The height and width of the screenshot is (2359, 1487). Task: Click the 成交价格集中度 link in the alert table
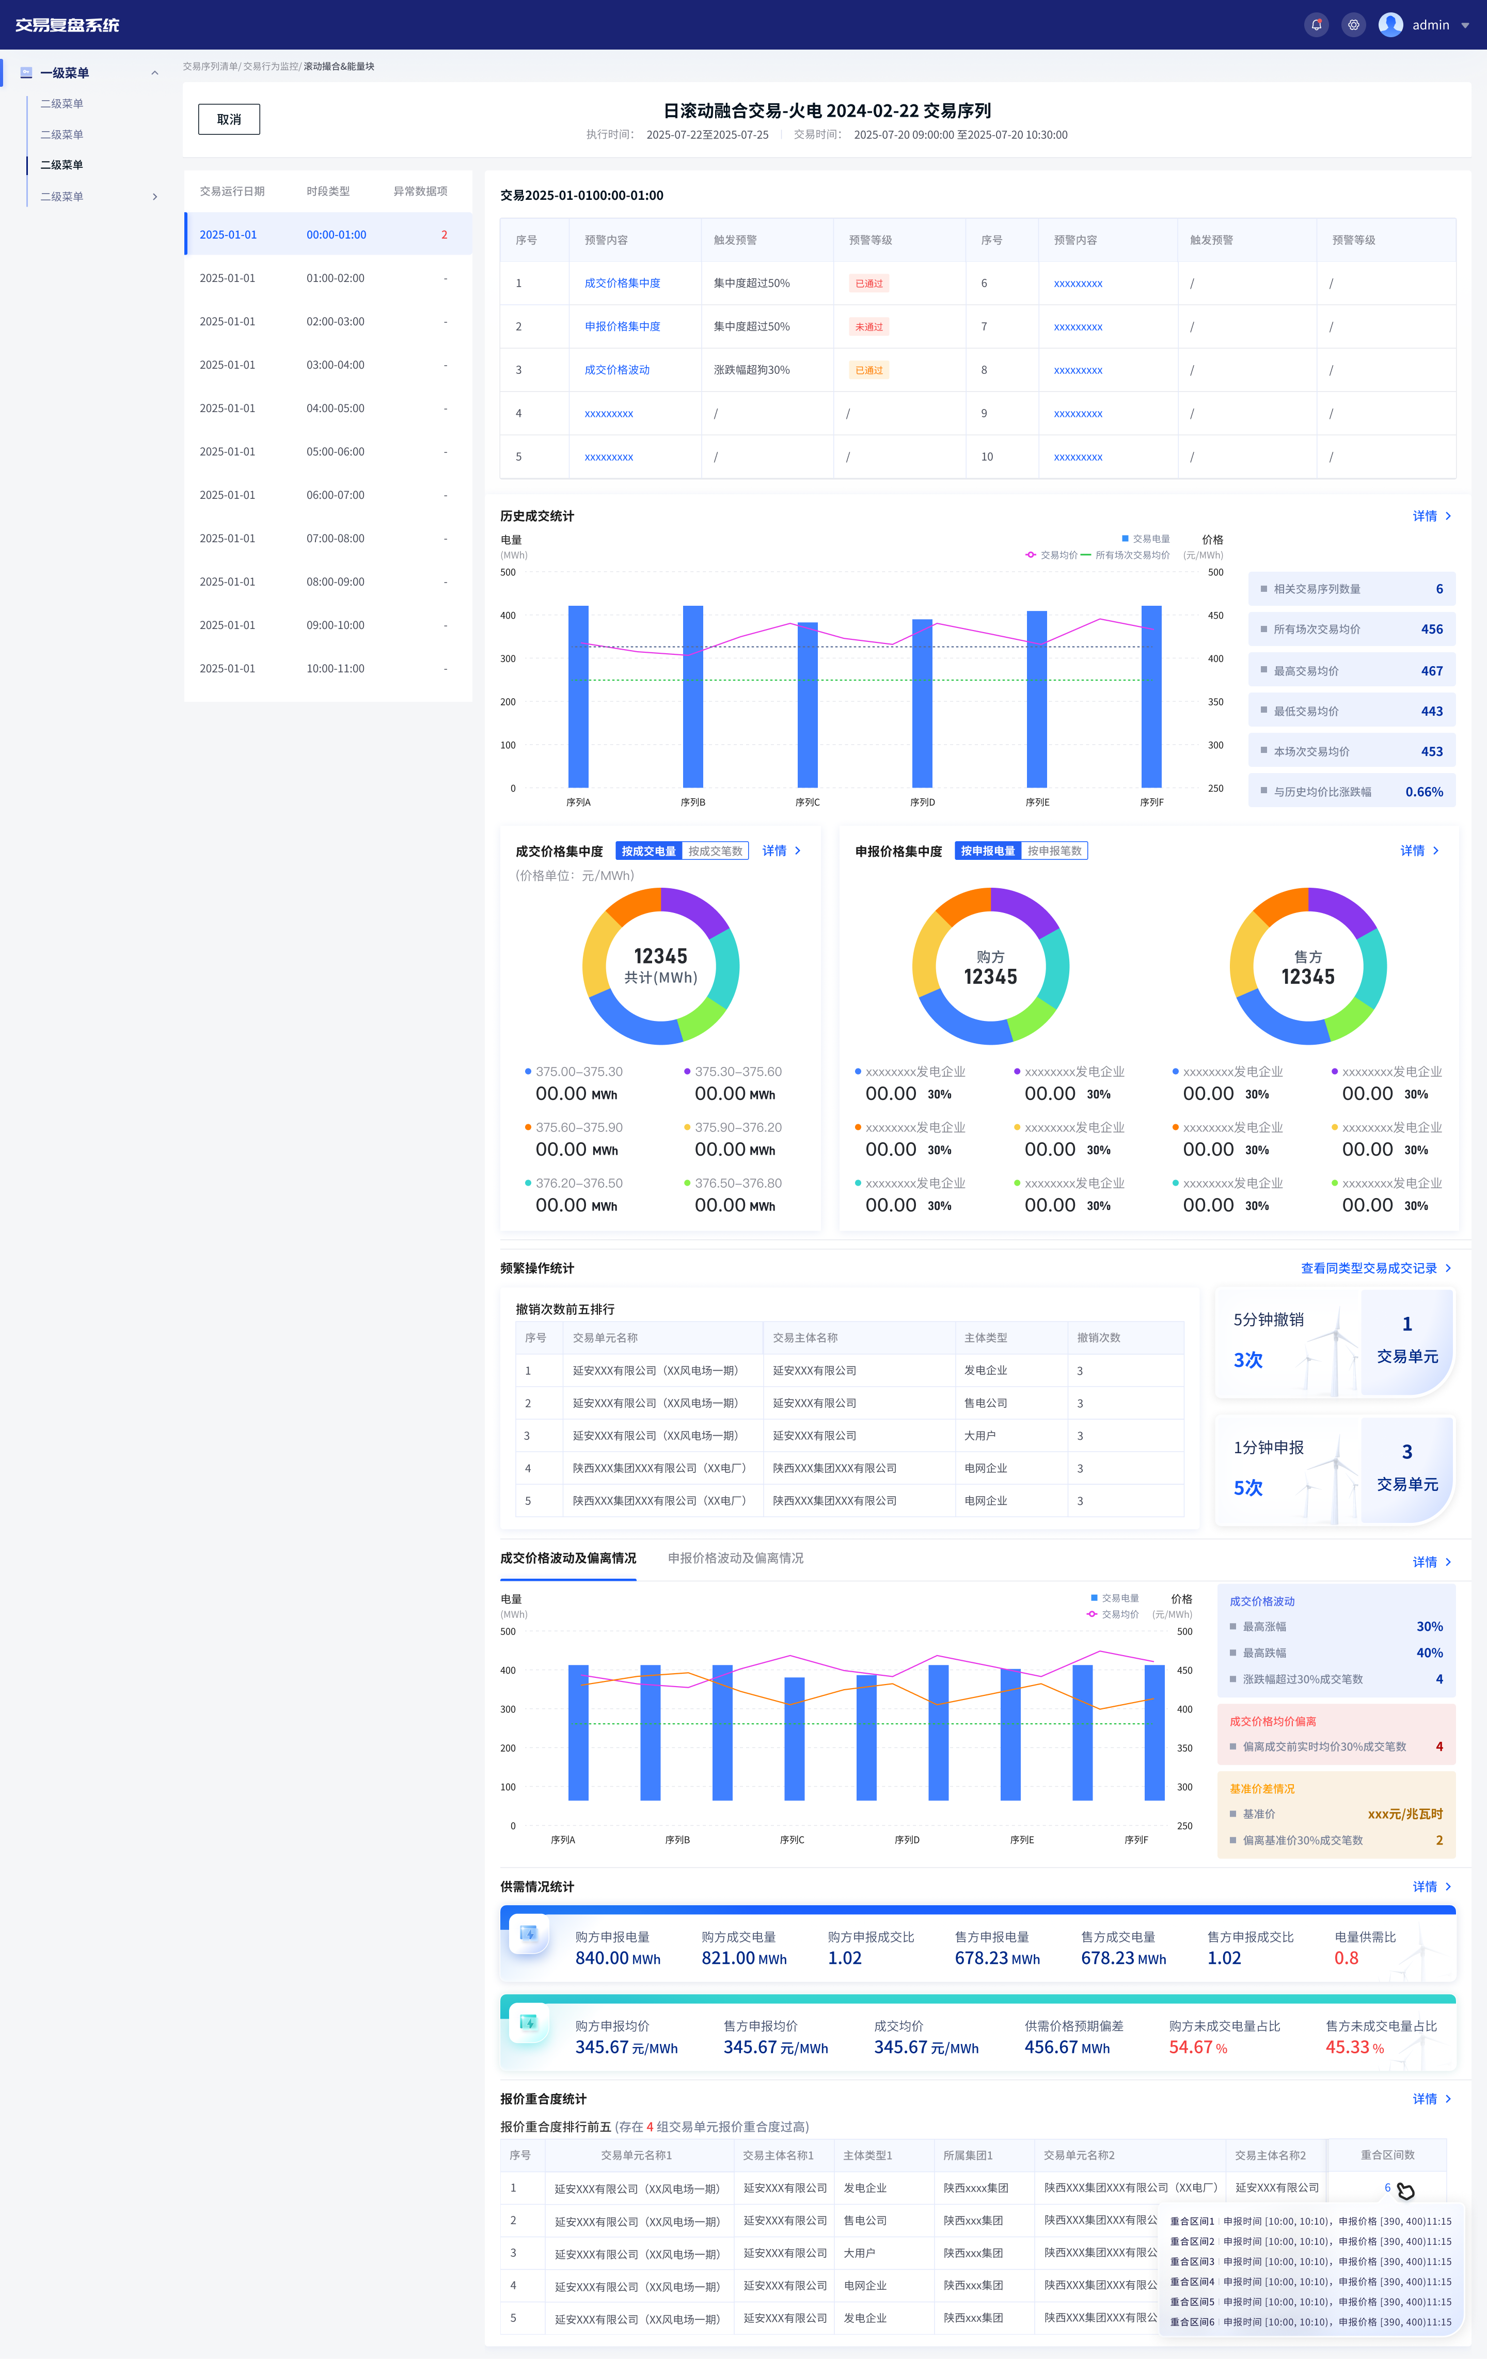coord(622,283)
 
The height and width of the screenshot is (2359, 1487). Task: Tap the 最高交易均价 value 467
coord(1431,671)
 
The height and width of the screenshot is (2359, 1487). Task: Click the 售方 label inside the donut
coord(1308,956)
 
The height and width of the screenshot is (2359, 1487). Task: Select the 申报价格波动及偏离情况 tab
coord(736,1558)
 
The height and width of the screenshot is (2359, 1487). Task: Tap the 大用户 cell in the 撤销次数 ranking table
coord(979,1435)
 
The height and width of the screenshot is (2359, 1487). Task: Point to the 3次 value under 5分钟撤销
coord(1248,1360)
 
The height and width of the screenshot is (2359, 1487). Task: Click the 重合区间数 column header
coord(1387,2155)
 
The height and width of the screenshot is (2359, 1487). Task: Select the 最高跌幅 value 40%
coord(1429,1653)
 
